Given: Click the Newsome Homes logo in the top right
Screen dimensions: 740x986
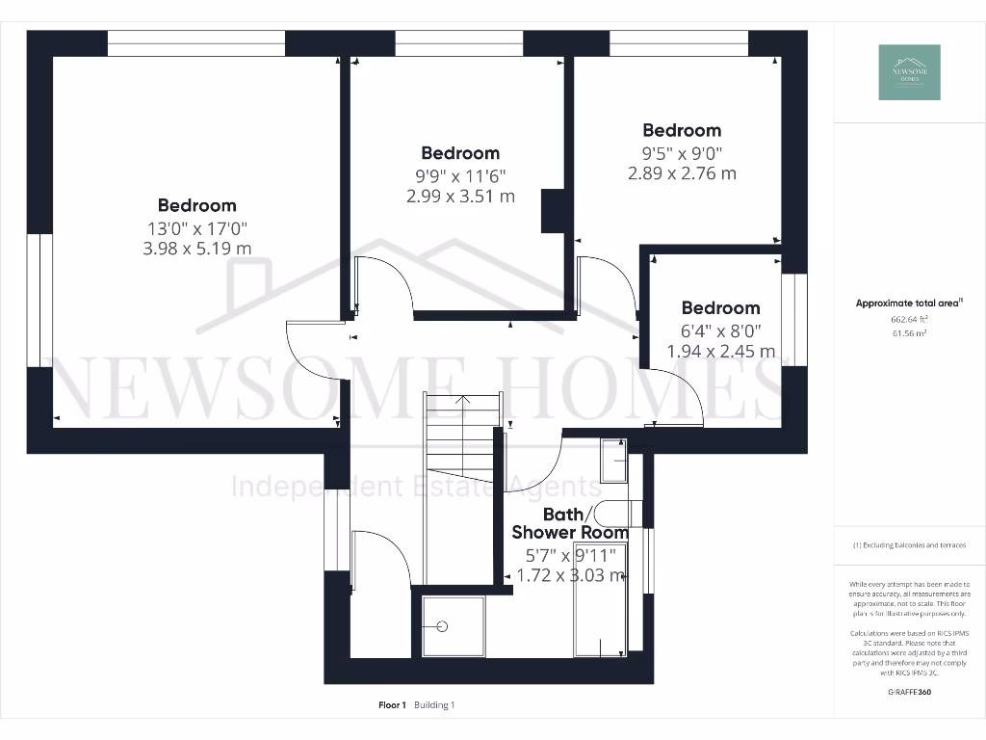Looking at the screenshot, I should (909, 72).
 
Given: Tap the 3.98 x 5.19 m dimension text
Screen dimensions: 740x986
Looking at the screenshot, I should (197, 250).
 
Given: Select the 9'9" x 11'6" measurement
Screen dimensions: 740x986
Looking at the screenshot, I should (460, 175).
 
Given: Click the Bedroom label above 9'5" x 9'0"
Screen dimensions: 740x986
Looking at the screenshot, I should (682, 130).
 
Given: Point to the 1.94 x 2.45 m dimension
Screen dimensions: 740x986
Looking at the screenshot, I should (721, 352).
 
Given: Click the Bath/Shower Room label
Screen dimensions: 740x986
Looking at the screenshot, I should (570, 523).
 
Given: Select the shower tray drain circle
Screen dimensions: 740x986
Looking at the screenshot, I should (443, 625).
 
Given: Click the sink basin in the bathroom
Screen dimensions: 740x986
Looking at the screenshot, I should (612, 462).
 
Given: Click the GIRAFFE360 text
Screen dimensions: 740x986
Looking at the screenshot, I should (908, 692).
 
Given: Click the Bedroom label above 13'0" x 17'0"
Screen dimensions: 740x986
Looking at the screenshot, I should (197, 205).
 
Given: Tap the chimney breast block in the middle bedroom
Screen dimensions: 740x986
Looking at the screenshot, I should (555, 211).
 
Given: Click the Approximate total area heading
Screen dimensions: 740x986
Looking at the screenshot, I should (909, 304).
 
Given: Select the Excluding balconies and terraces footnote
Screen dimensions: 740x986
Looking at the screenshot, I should (909, 545).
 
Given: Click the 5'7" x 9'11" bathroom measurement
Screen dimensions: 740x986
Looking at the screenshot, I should (570, 556).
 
